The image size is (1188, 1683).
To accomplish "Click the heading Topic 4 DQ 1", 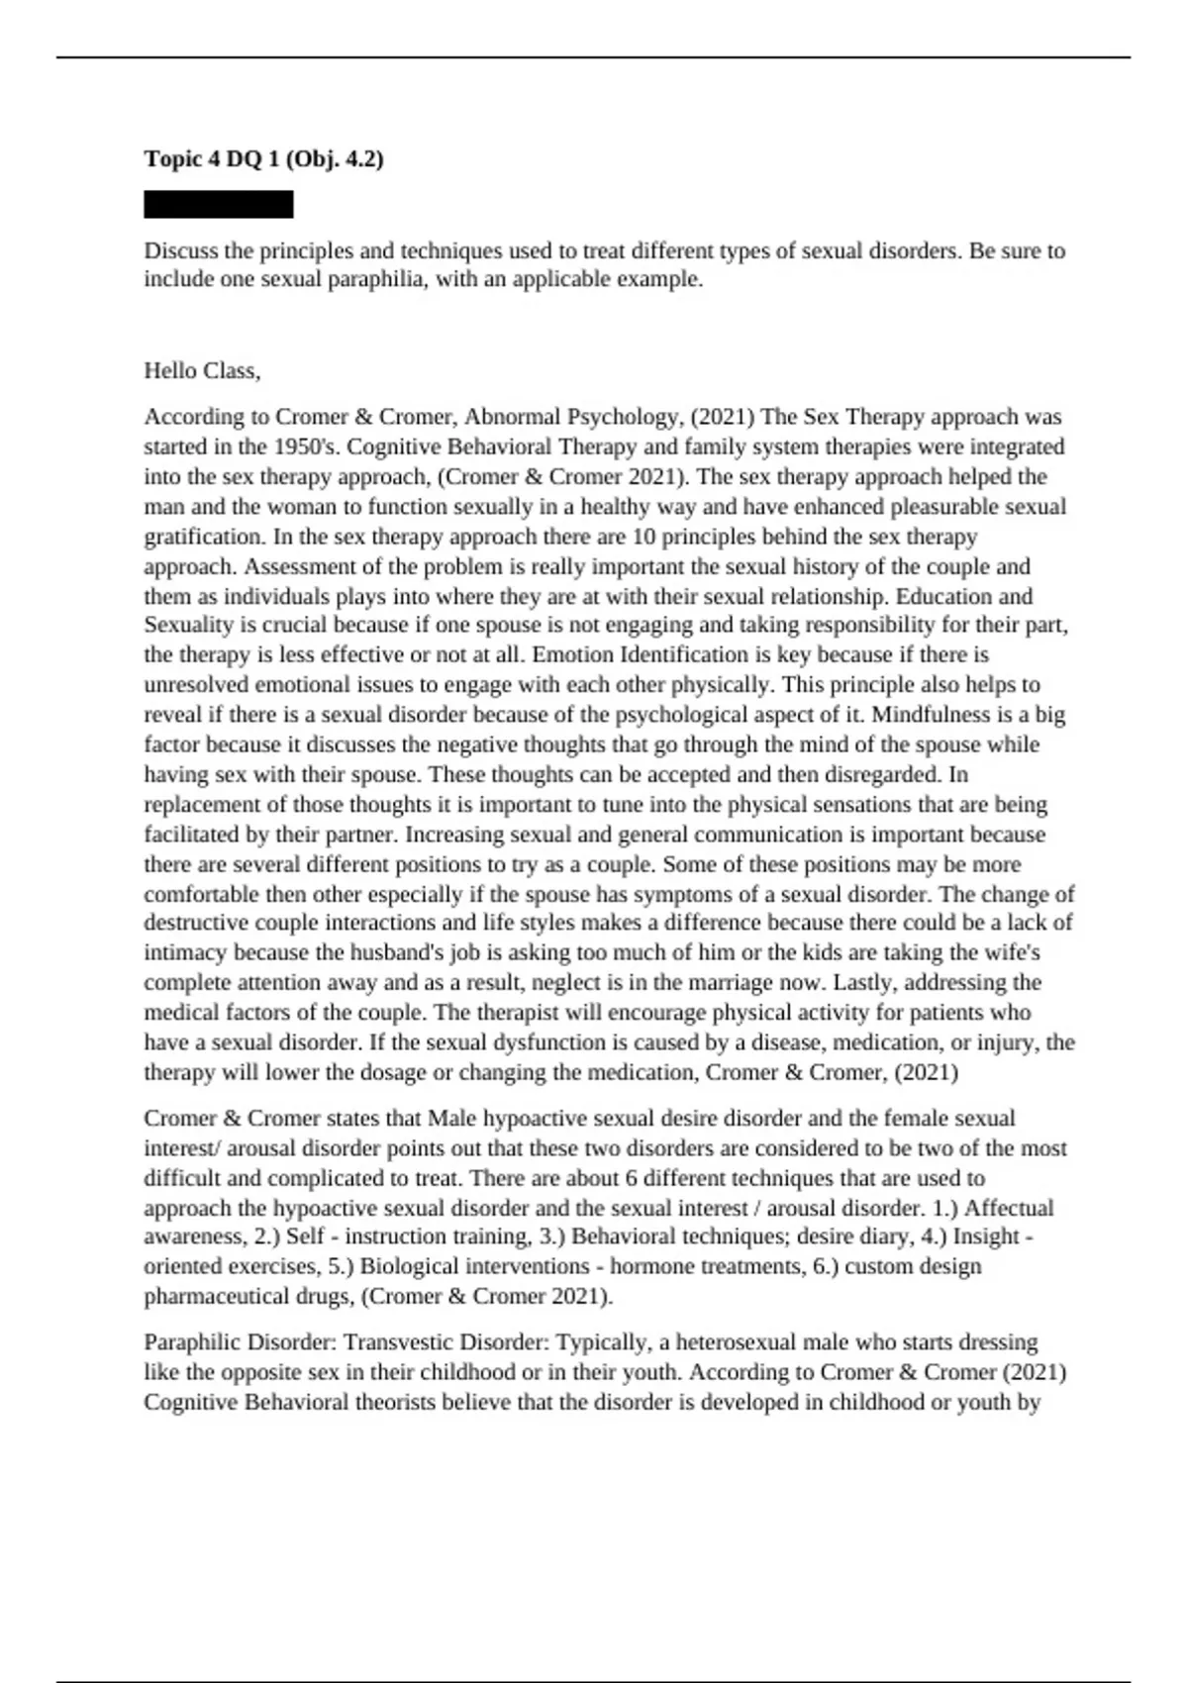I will [263, 158].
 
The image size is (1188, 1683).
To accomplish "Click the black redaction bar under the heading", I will [219, 205].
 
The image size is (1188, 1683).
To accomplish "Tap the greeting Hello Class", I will [202, 371].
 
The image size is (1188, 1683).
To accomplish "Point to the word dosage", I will [372, 1072].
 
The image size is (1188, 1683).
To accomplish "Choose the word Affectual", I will [1008, 1208].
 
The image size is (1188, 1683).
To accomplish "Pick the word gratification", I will [203, 537].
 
